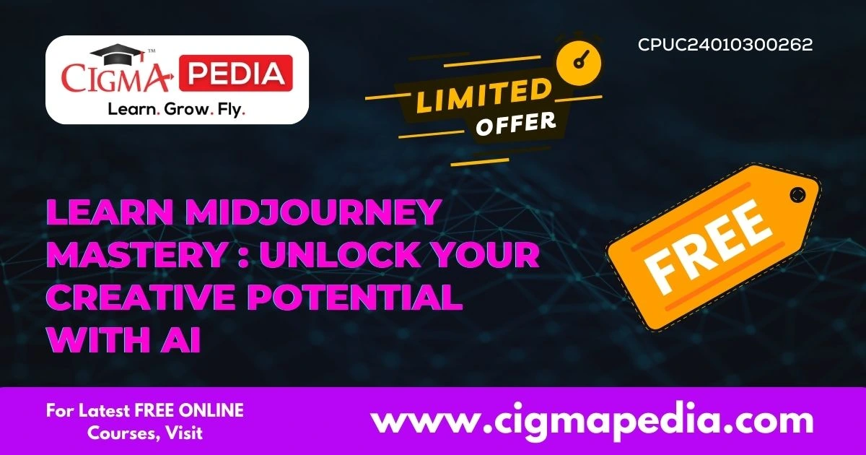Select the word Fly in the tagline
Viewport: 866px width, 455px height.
point(230,110)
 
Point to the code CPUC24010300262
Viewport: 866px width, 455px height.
point(725,45)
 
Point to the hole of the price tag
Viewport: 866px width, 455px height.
point(797,194)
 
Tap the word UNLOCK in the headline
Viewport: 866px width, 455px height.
point(361,256)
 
